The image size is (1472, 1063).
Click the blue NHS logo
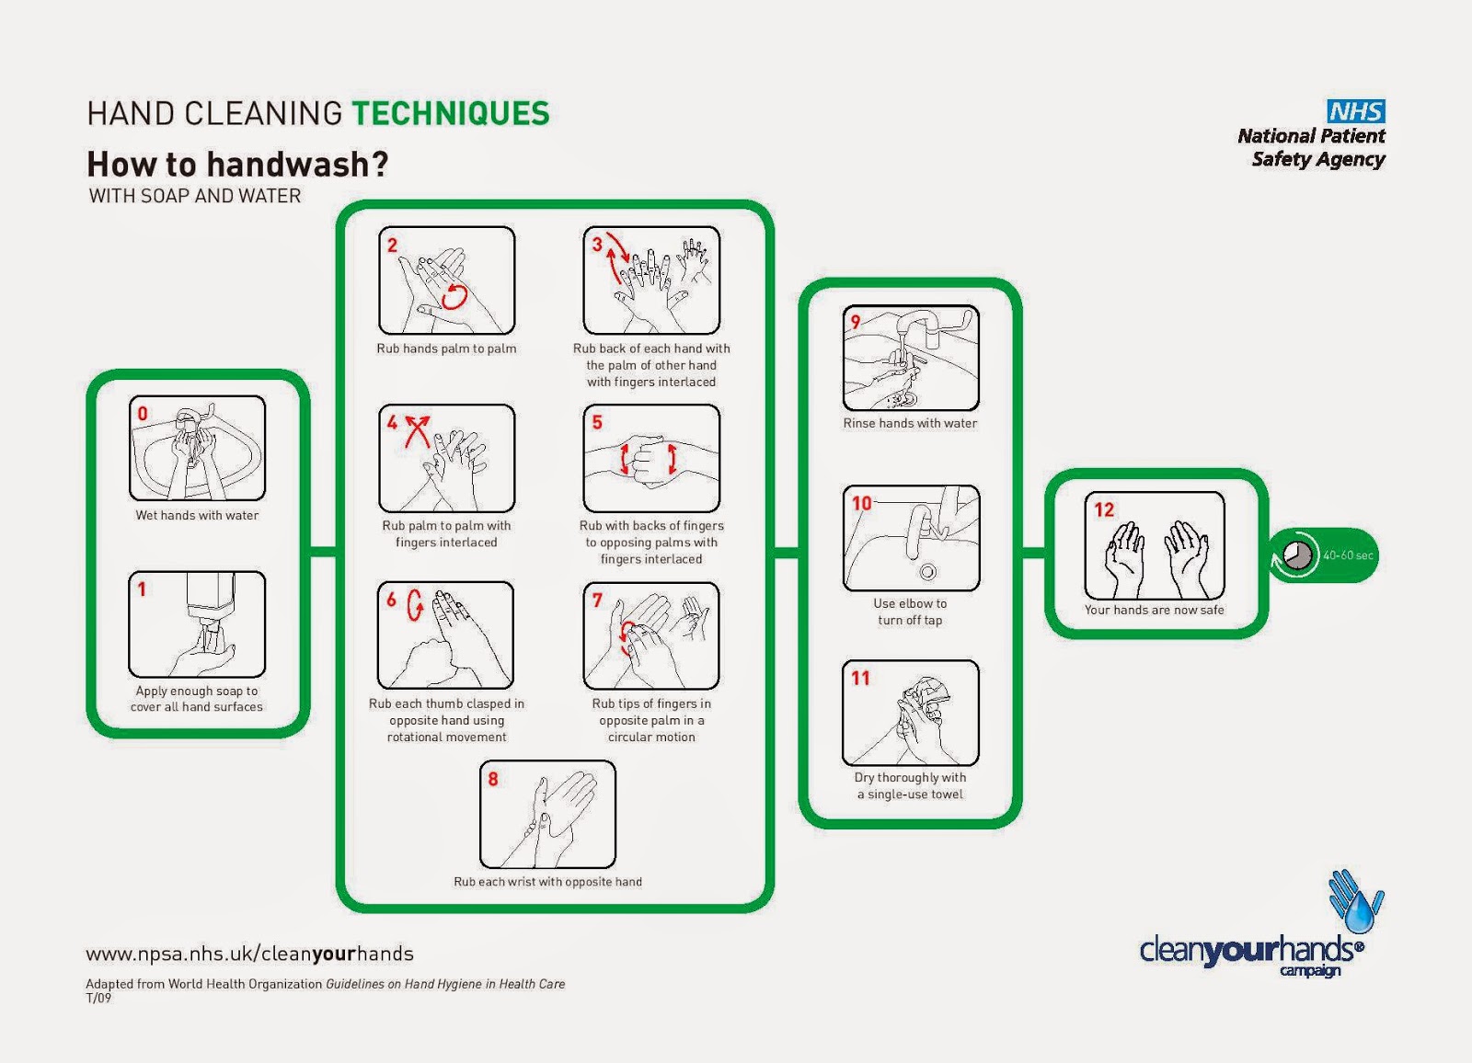tap(1355, 111)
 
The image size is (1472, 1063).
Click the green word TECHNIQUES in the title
tap(450, 113)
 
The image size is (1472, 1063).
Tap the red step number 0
tap(143, 414)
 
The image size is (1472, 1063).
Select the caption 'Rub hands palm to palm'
tap(446, 349)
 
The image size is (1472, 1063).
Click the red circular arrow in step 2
tap(455, 296)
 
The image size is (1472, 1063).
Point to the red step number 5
tap(597, 422)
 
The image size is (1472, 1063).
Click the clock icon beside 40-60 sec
tap(1296, 555)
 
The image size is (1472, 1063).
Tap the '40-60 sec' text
tap(1348, 555)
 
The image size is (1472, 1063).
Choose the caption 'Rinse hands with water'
tap(910, 423)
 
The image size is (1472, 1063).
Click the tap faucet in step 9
tap(920, 326)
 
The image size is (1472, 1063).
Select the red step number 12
tap(1104, 509)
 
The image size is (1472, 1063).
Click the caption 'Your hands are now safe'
tap(1154, 610)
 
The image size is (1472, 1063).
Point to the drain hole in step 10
tap(928, 572)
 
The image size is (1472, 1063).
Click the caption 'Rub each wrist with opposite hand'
tap(547, 882)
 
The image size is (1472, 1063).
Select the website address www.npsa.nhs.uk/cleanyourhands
tap(249, 954)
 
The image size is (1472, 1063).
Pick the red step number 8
tap(493, 779)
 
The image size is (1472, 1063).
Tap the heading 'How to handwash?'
tap(237, 165)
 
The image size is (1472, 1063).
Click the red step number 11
tap(860, 678)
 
